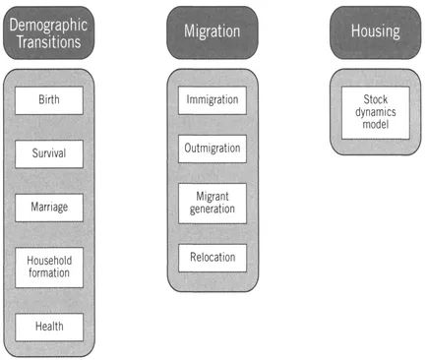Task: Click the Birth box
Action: (48, 100)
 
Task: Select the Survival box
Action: (48, 153)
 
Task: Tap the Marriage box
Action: (48, 208)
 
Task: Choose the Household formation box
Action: (48, 266)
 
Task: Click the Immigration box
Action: (212, 100)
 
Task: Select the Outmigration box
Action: (212, 148)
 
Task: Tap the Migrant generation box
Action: (212, 202)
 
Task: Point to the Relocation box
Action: (212, 258)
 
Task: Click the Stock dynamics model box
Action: (375, 111)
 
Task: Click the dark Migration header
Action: (212, 31)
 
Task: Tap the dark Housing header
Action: (375, 31)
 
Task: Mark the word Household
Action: (48, 259)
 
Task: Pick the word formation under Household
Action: (48, 272)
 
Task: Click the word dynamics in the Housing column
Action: (375, 111)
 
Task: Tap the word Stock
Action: (375, 99)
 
